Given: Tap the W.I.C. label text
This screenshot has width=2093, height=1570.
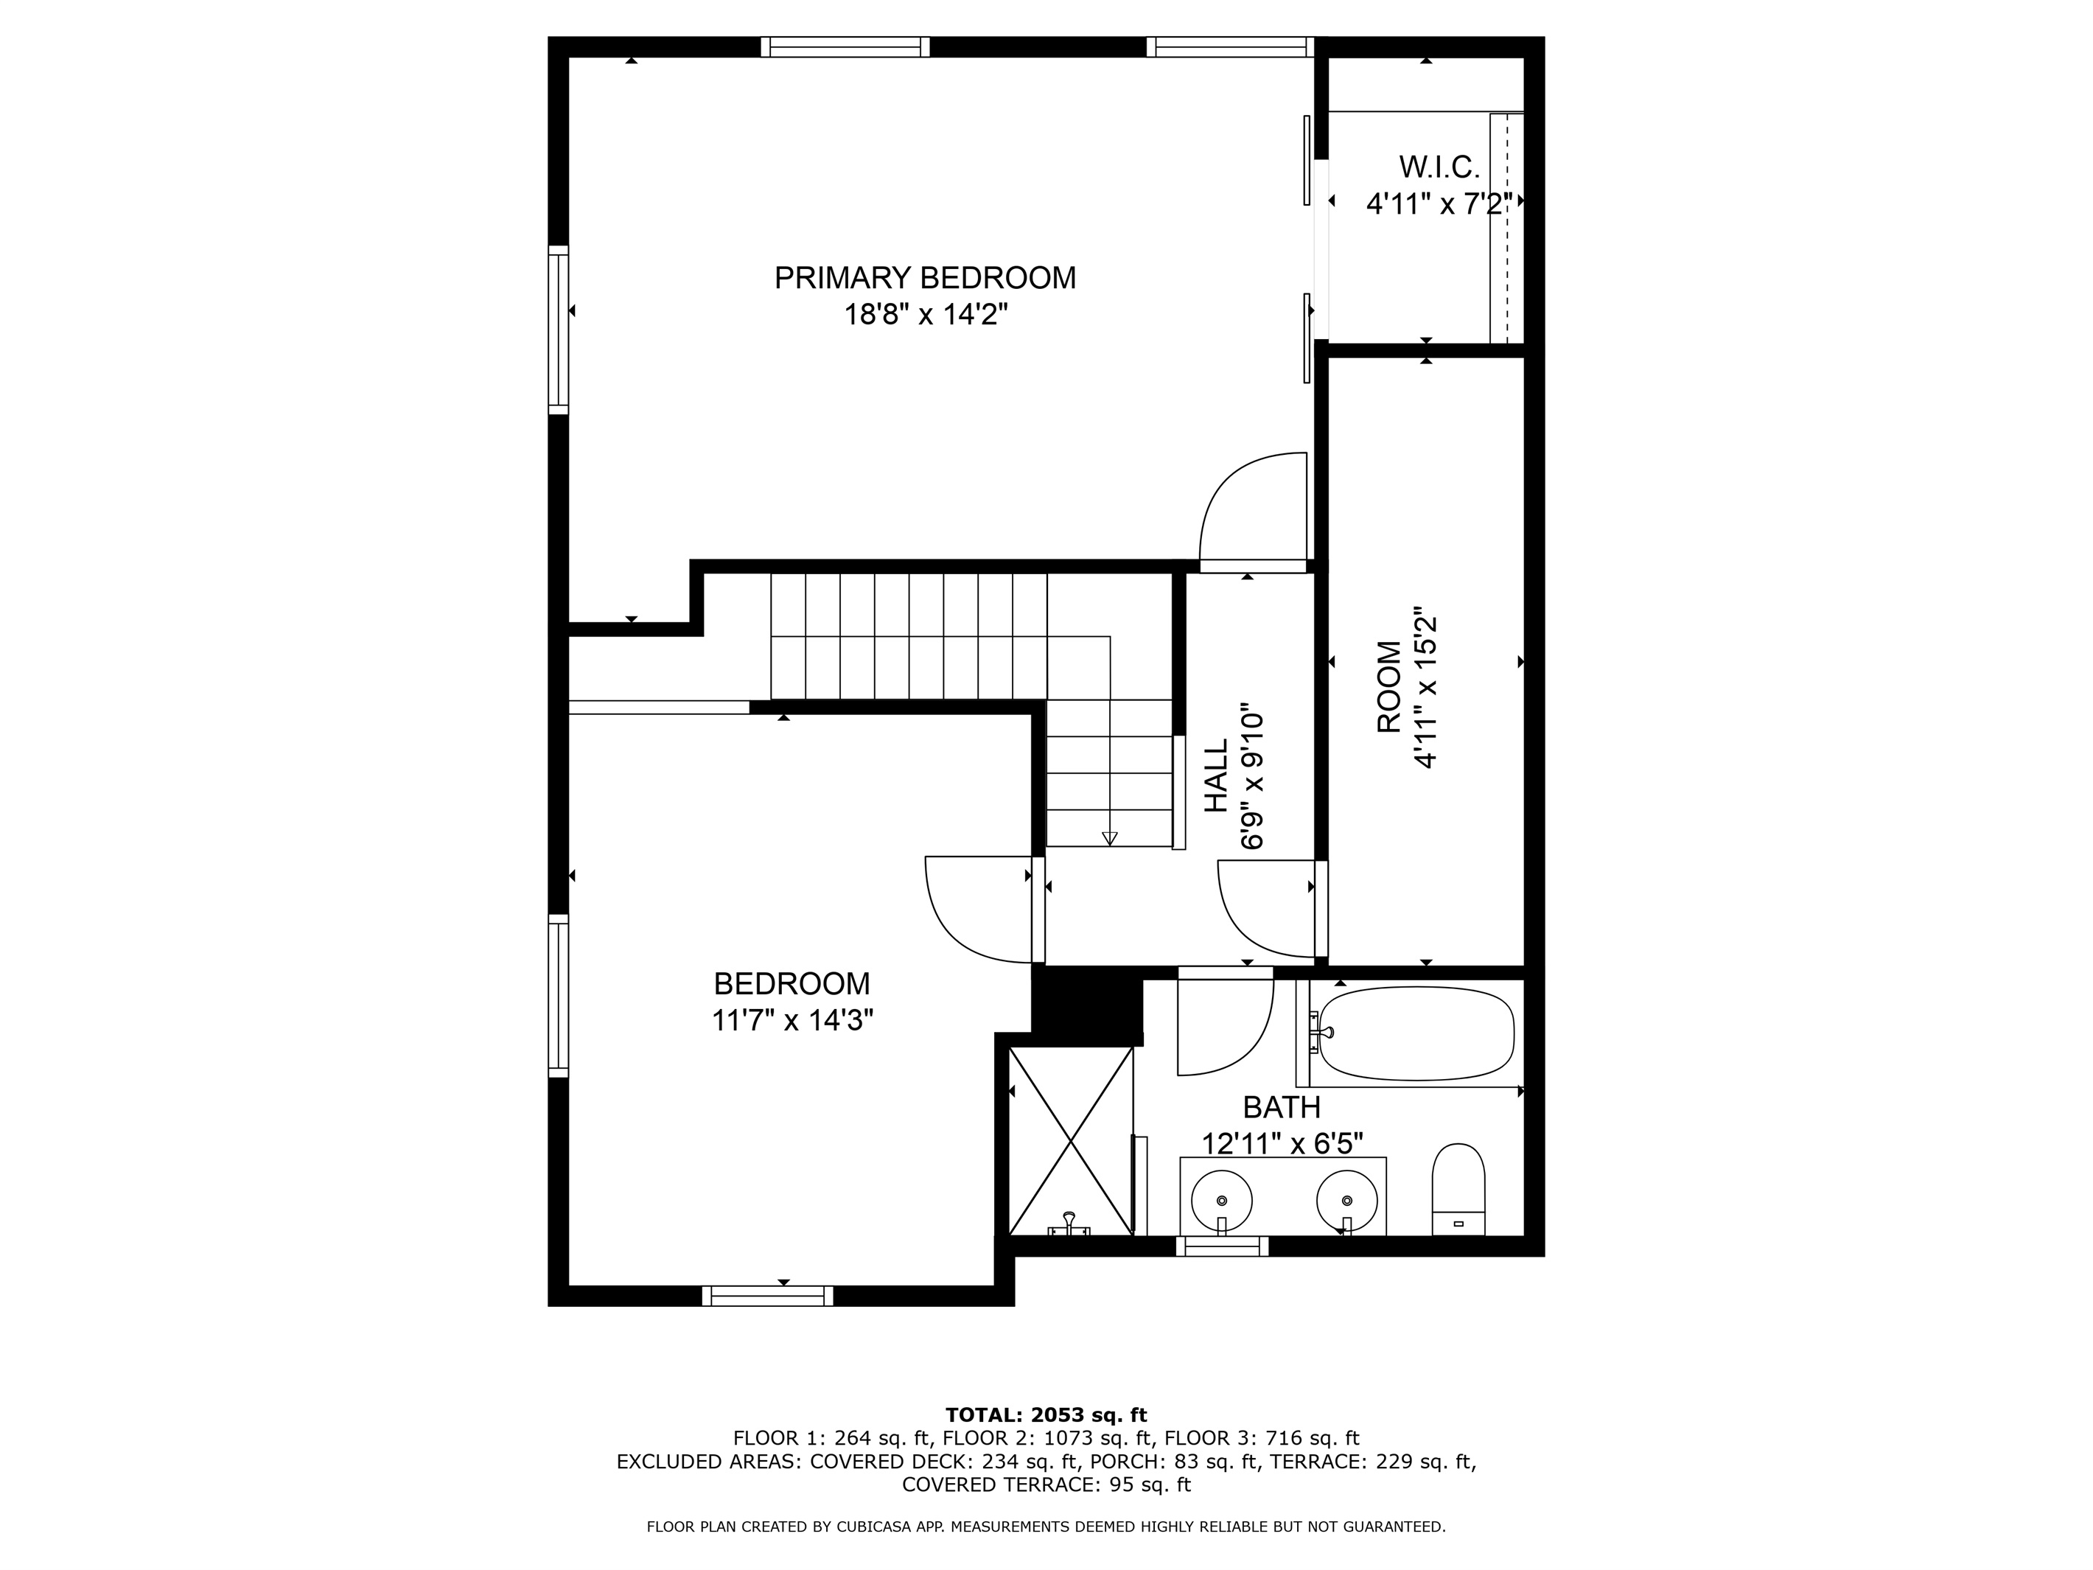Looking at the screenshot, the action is pyautogui.click(x=1439, y=167).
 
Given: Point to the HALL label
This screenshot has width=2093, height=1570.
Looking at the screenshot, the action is pyautogui.click(x=1216, y=775).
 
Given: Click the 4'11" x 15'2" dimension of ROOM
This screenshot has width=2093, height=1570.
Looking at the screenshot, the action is pyautogui.click(x=1425, y=687).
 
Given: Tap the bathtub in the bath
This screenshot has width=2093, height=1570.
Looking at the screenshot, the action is pyautogui.click(x=1416, y=1033).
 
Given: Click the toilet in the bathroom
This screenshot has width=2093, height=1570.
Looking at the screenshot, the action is pyautogui.click(x=1458, y=1190).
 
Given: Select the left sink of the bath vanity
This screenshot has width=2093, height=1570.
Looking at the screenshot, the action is pyautogui.click(x=1222, y=1201).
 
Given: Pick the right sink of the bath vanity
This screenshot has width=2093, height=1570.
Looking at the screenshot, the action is pyautogui.click(x=1346, y=1201).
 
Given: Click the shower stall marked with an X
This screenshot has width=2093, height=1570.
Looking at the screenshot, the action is pyautogui.click(x=1071, y=1141).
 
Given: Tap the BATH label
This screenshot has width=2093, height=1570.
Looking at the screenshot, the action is pyautogui.click(x=1281, y=1106).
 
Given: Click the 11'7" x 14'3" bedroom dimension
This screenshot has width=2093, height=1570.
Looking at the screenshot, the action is pyautogui.click(x=792, y=1020).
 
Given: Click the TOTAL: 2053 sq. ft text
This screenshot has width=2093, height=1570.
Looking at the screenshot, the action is pyautogui.click(x=1046, y=1414).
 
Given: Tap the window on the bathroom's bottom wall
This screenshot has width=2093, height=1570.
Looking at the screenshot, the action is pyautogui.click(x=1222, y=1247).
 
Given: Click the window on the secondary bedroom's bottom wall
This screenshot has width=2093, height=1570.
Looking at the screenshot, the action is pyautogui.click(x=767, y=1296).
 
